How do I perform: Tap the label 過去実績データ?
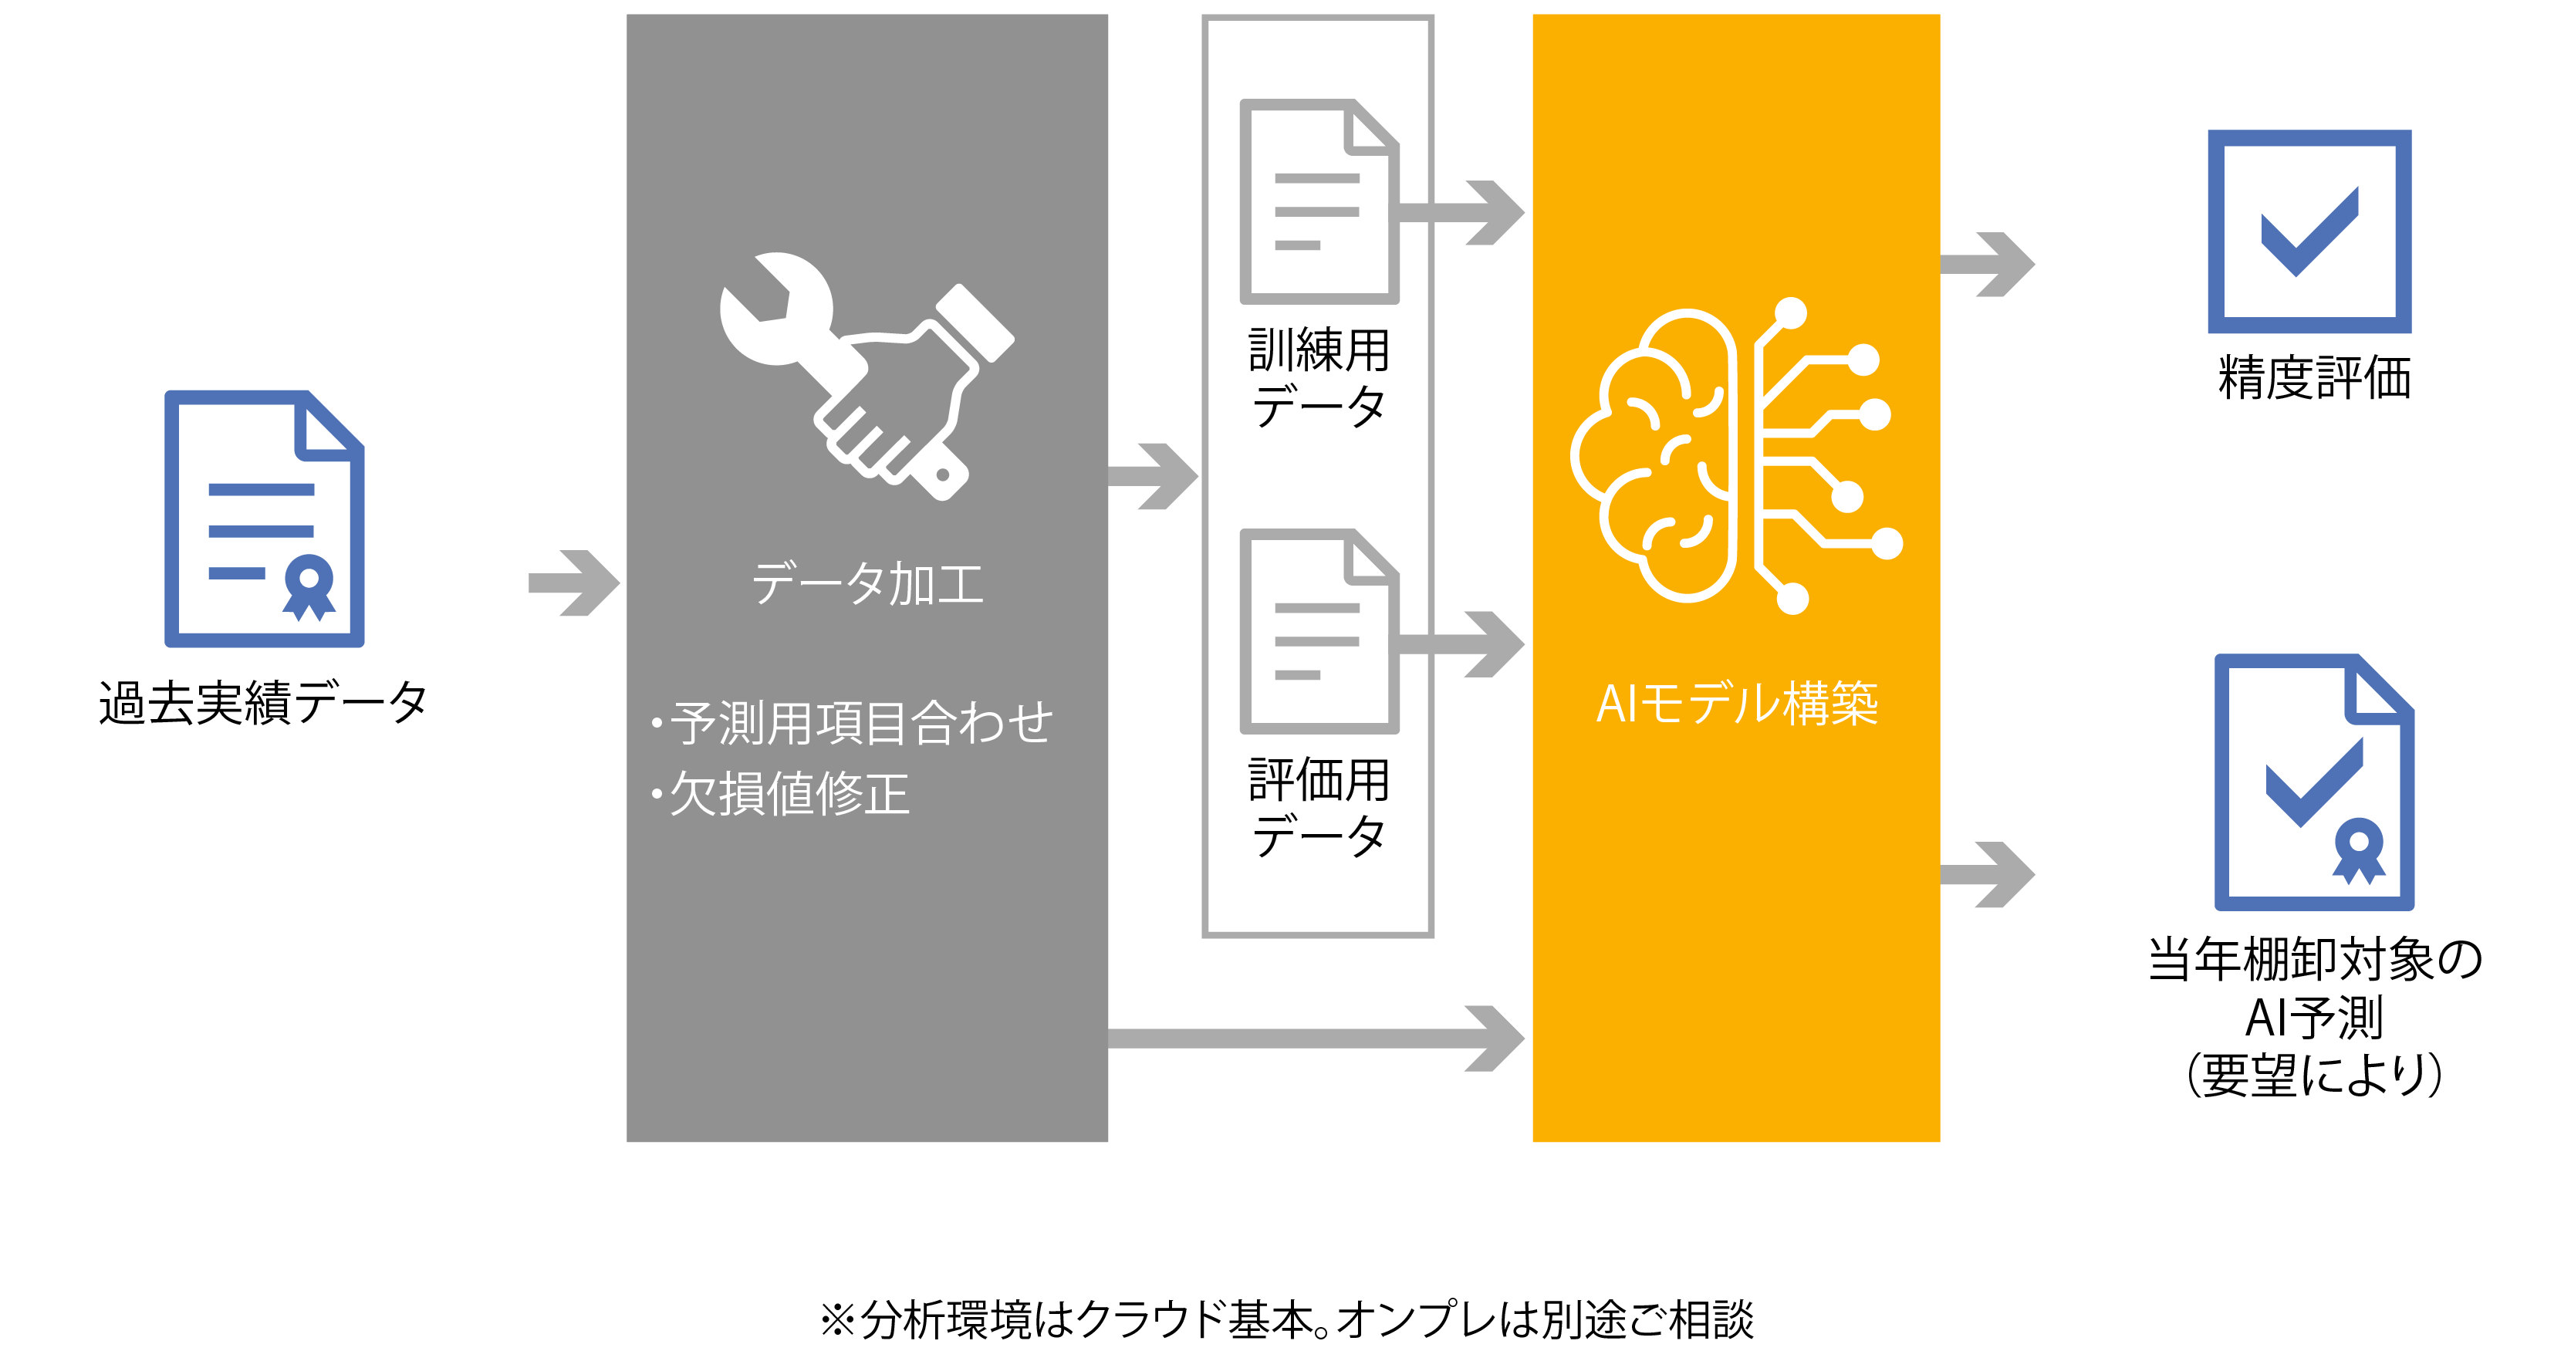click(x=263, y=702)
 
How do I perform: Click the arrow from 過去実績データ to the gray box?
click(x=574, y=583)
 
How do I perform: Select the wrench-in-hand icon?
click(x=867, y=377)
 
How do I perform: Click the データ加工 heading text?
click(x=867, y=584)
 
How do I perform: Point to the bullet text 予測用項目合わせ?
click(x=853, y=722)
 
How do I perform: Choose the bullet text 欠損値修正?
click(x=781, y=794)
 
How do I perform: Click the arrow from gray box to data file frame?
click(x=1153, y=477)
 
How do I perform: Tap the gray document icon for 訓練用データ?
click(x=1319, y=201)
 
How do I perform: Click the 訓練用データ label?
click(x=1319, y=378)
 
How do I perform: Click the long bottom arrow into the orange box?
click(x=1316, y=1039)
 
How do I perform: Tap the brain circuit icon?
click(x=1737, y=456)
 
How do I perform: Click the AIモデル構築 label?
click(x=1737, y=704)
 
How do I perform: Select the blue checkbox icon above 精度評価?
click(x=2309, y=231)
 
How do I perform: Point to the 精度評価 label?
click(x=2313, y=378)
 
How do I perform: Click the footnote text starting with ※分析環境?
click(x=1285, y=1319)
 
